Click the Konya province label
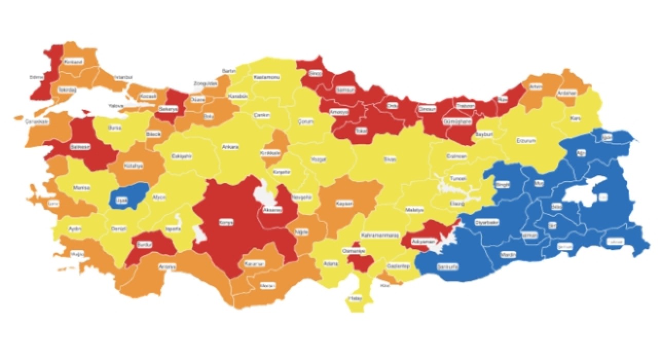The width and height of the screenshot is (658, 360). coord(227,223)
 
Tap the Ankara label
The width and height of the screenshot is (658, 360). coord(230,147)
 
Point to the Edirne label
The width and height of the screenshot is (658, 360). coord(36,78)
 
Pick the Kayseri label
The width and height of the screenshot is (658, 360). coord(344,204)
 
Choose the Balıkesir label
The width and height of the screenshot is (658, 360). coord(80,147)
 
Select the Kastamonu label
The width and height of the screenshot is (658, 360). coord(267,77)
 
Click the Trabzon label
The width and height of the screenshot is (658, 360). coord(466,105)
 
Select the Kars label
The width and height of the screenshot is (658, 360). coord(576,118)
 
